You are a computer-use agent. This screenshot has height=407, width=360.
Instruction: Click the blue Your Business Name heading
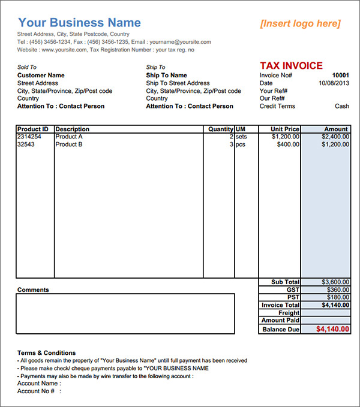pos(80,23)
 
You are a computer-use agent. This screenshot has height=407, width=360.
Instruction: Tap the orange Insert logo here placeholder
pos(300,23)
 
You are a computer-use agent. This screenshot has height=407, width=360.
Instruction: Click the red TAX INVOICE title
pos(291,66)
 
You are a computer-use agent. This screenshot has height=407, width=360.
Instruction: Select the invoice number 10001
pos(340,76)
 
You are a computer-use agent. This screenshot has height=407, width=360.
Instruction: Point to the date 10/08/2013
pos(334,83)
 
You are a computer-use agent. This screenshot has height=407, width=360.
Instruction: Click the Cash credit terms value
pos(342,106)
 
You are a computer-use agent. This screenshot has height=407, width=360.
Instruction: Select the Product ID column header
pos(33,129)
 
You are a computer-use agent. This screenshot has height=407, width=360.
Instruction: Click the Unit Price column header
pos(285,129)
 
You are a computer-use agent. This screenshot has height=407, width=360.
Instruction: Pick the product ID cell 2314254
pos(29,137)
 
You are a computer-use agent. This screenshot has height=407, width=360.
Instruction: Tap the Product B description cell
pos(69,144)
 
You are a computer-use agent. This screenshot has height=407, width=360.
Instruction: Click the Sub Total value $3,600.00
pos(335,282)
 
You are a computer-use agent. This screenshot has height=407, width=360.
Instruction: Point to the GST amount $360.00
pos(338,290)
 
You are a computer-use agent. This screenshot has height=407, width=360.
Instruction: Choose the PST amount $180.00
pos(338,297)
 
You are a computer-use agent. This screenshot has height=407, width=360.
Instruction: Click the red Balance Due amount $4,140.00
pos(332,329)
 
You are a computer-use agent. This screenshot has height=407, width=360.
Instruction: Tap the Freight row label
pos(289,313)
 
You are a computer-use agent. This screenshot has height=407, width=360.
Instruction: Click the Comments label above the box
pos(33,290)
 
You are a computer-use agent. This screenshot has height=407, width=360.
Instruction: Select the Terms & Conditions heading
pos(46,353)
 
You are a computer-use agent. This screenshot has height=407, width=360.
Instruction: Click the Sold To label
pos(27,67)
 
